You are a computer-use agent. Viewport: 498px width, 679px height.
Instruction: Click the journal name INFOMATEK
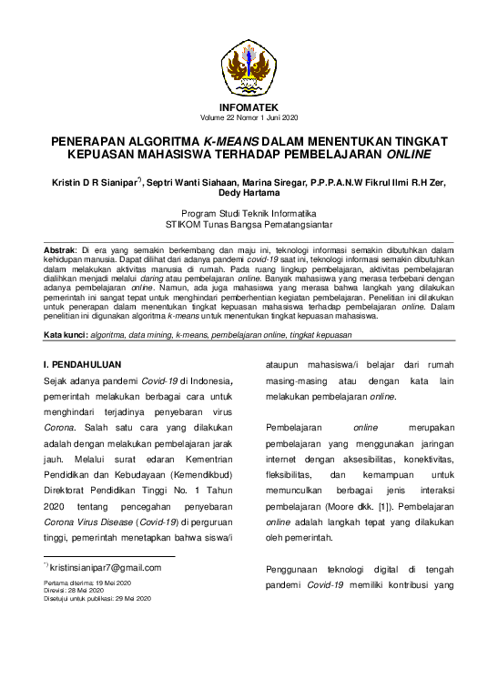point(249,107)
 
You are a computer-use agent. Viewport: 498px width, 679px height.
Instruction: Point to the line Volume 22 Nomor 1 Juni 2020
point(249,118)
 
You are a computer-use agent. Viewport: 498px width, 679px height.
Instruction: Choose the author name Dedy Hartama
point(249,193)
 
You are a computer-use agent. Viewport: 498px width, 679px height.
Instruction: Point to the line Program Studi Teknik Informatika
point(249,212)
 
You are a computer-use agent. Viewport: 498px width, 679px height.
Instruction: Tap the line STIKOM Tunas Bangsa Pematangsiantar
point(249,223)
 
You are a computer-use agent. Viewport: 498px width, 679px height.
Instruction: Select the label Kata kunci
point(66,335)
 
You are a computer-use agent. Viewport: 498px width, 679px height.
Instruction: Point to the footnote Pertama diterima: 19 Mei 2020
point(87,582)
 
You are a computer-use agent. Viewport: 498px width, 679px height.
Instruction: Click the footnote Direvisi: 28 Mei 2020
point(75,590)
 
